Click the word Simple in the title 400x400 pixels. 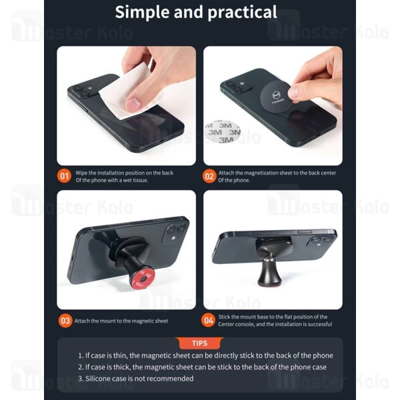tap(146, 12)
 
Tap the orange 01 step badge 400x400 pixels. tap(65, 177)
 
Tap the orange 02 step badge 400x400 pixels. tap(209, 177)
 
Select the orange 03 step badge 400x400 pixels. tap(65, 320)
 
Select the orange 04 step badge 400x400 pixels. tap(209, 320)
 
